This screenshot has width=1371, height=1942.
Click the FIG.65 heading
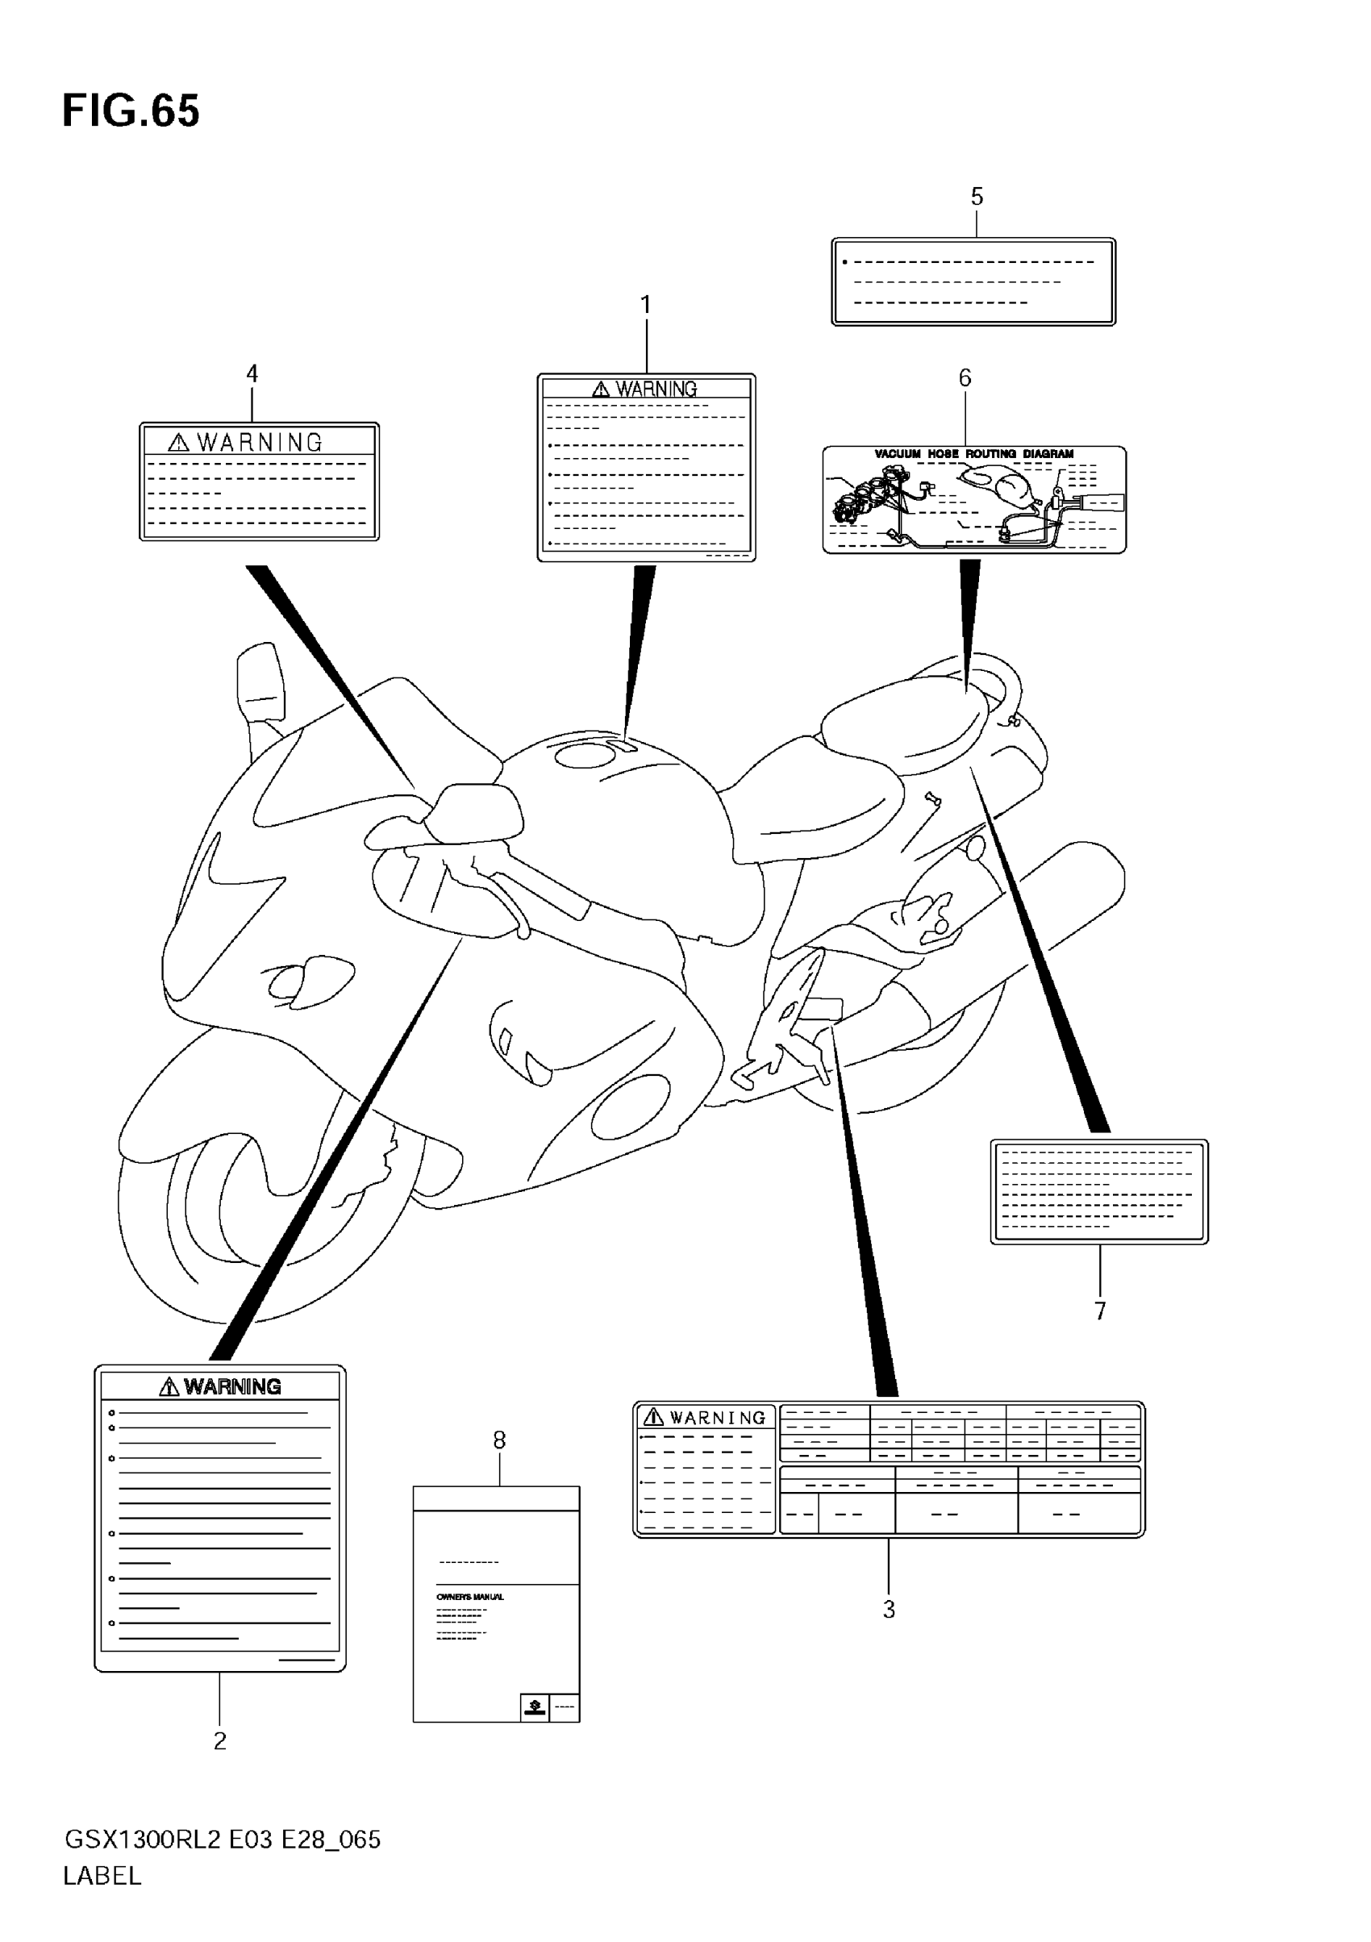click(x=131, y=111)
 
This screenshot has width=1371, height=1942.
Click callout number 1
click(x=646, y=305)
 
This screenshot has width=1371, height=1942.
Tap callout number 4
click(x=252, y=373)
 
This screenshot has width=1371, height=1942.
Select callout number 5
click(x=977, y=197)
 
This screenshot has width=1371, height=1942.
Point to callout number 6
click(x=965, y=378)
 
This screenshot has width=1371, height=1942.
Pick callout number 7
click(x=1099, y=1311)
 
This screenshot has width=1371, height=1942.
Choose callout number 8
click(x=500, y=1440)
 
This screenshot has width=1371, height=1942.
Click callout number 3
click(x=889, y=1610)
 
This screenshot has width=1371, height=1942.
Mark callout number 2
click(x=220, y=1740)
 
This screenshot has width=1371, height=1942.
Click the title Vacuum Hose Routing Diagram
click(x=973, y=454)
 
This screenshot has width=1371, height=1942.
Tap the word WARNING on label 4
click(x=260, y=443)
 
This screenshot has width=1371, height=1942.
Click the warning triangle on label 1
click(x=601, y=389)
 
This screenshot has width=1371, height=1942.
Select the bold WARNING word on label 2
click(x=232, y=1386)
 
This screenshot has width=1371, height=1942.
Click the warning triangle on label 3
click(x=653, y=1417)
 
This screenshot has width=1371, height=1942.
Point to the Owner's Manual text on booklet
click(x=470, y=1597)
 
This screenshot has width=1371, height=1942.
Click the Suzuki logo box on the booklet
click(x=535, y=1707)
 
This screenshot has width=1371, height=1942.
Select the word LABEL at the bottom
click(x=102, y=1876)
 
